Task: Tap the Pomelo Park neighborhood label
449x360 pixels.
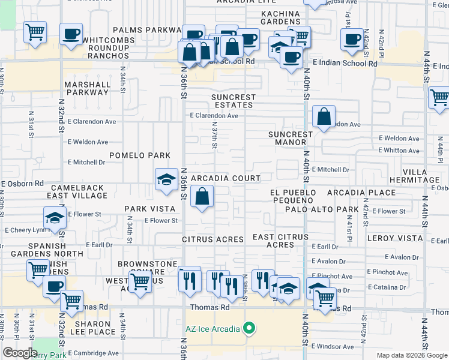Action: [x=136, y=155]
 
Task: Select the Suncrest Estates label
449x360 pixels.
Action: [x=234, y=101]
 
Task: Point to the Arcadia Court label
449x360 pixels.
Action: [x=226, y=178]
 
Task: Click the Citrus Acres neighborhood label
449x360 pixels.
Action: [x=213, y=239]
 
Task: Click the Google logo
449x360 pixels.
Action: [x=20, y=353]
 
